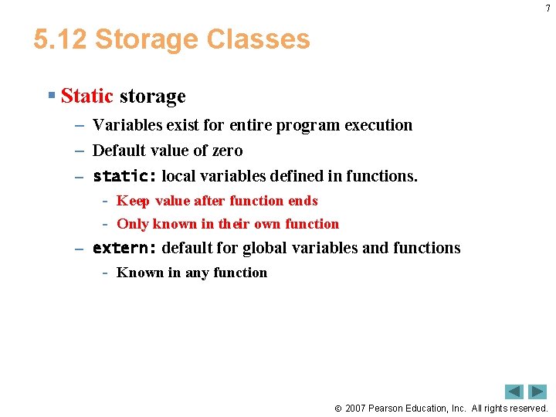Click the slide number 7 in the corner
click(548, 8)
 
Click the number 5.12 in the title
click(59, 39)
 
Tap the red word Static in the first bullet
click(86, 97)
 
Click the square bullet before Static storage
click(51, 96)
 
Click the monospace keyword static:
click(124, 176)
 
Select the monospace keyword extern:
click(124, 248)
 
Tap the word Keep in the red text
click(133, 201)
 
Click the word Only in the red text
click(133, 224)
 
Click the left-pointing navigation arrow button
click(514, 392)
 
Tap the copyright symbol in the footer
click(338, 409)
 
